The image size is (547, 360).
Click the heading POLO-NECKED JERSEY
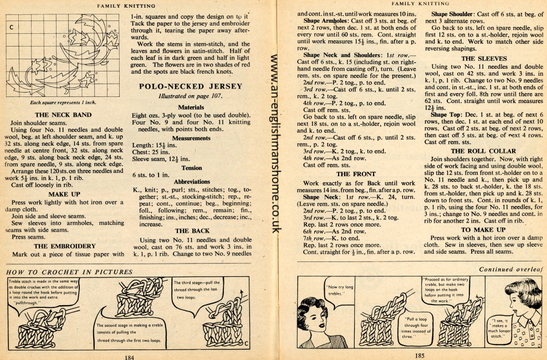[x=190, y=86]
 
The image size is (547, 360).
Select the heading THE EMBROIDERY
[x=64, y=246]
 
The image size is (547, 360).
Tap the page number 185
[x=420, y=356]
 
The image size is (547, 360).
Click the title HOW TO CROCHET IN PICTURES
[x=69, y=272]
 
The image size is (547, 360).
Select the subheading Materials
[x=191, y=107]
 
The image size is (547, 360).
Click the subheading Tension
[x=191, y=167]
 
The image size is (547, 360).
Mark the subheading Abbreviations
[x=191, y=181]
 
